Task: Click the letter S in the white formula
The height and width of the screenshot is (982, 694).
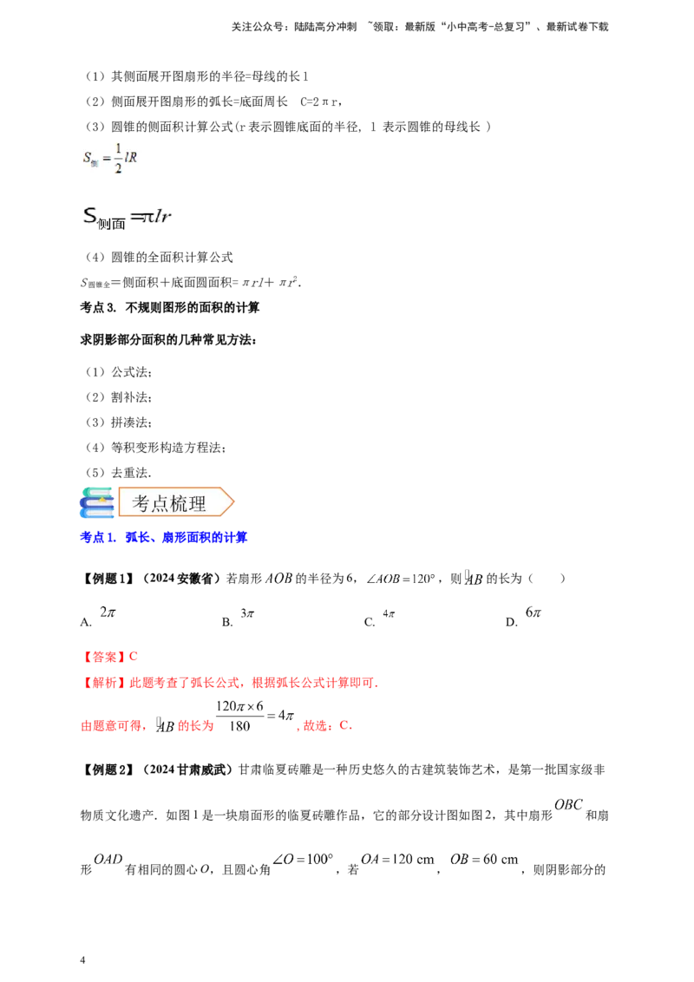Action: (x=87, y=158)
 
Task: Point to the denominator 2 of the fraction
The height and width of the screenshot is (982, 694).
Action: (x=118, y=167)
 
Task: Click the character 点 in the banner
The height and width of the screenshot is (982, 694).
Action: (x=161, y=503)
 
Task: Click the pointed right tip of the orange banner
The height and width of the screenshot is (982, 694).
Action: (x=232, y=502)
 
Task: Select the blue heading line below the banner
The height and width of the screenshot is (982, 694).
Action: (x=164, y=539)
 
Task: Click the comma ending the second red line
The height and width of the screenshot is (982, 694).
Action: (x=379, y=686)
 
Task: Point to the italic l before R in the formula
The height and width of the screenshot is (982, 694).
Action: (x=126, y=158)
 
